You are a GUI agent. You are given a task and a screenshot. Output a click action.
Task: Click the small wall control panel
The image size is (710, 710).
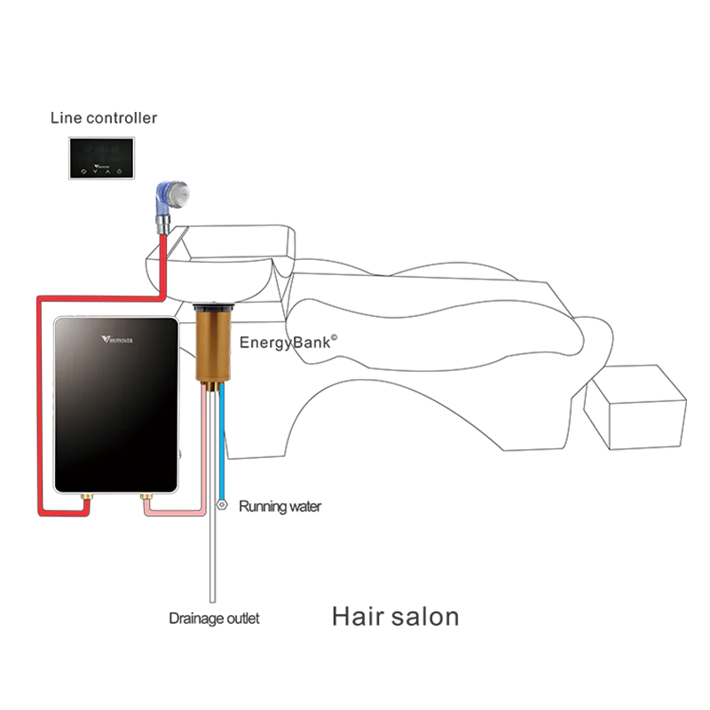[x=100, y=160]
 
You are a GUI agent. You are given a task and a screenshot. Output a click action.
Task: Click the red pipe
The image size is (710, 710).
[x=39, y=399]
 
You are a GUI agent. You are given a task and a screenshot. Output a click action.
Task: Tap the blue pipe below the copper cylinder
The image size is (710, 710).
[x=221, y=444]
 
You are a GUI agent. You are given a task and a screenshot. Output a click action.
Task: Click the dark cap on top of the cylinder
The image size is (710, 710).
[x=212, y=307]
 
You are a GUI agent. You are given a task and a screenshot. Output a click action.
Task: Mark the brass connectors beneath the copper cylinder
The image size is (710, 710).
[x=213, y=387]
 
